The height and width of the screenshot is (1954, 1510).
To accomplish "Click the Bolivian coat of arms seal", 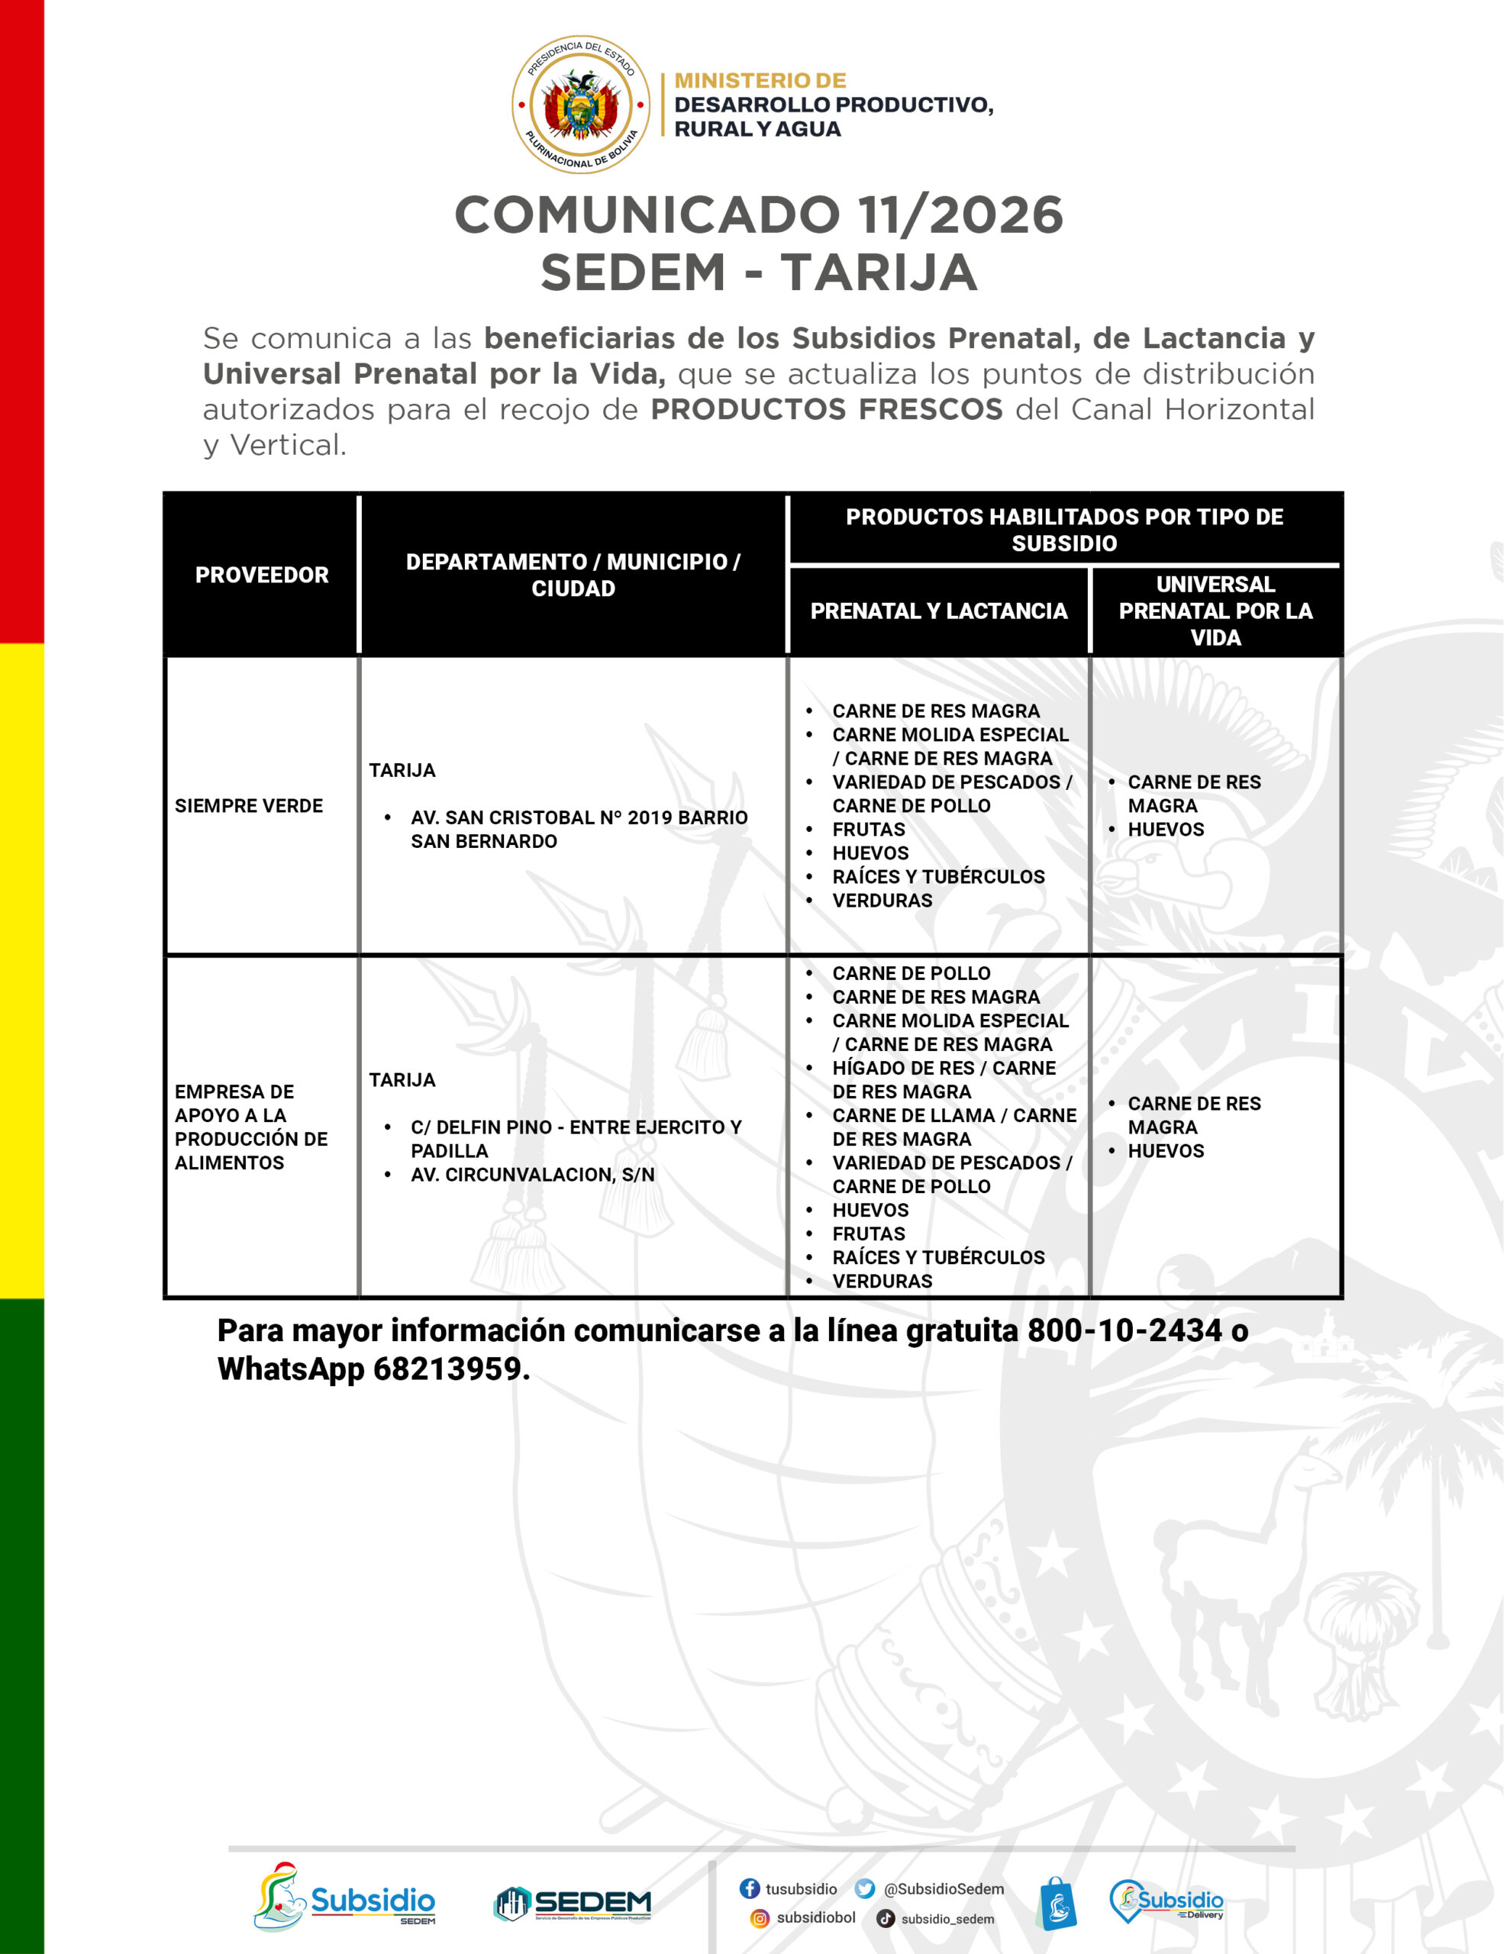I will [x=580, y=105].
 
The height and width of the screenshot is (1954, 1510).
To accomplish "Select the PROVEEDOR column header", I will [x=261, y=575].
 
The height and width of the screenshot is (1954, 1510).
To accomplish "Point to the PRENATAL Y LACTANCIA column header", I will [x=938, y=611].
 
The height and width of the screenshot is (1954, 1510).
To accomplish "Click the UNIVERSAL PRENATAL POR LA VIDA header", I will [x=1215, y=611].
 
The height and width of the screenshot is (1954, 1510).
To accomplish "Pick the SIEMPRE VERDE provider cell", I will [x=249, y=805].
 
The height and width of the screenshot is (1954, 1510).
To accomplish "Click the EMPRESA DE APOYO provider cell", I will [x=250, y=1127].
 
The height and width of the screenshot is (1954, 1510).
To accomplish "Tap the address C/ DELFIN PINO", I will [x=576, y=1127].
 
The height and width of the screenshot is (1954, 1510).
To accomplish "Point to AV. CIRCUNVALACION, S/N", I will [x=533, y=1175].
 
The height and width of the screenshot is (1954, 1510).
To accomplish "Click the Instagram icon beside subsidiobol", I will [x=759, y=1918].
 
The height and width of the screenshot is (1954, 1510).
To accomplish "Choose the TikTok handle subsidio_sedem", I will [x=947, y=1919].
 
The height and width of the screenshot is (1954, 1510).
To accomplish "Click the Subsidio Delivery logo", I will [x=1166, y=1901].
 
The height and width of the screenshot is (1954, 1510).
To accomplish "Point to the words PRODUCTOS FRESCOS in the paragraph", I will [x=826, y=409].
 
